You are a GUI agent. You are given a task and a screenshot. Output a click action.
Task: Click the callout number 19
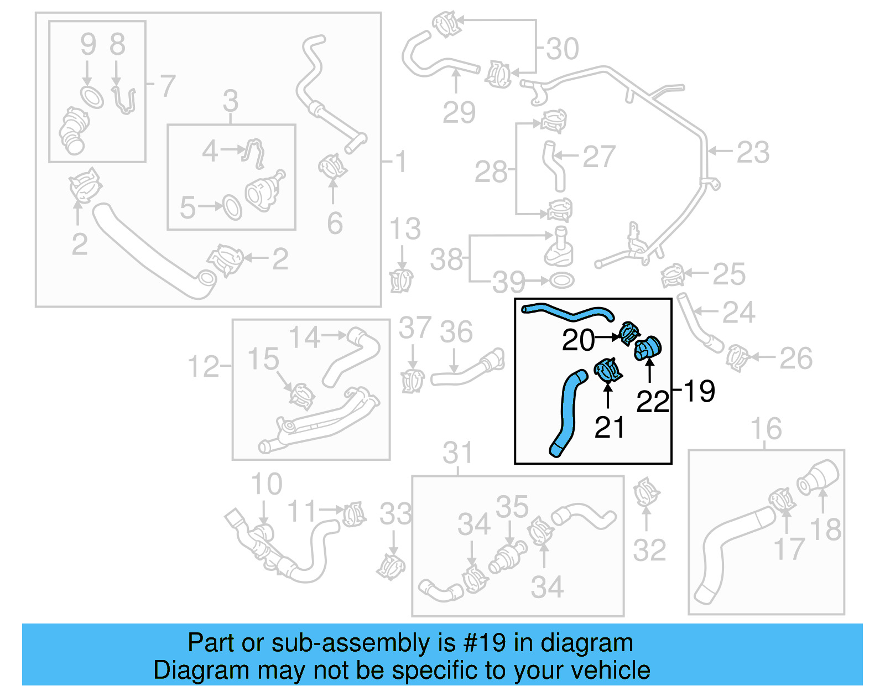[699, 391]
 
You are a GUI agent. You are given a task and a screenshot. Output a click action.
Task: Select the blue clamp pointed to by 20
[629, 333]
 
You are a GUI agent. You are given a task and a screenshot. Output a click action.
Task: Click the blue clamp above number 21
[608, 370]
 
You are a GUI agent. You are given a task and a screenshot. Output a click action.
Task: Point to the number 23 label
[753, 152]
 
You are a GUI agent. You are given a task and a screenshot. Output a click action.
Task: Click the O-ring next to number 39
[561, 281]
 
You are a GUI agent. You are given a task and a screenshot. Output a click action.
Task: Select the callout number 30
[563, 49]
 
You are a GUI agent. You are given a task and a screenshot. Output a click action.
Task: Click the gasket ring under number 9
[92, 97]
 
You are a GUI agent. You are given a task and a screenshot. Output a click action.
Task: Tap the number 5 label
[188, 207]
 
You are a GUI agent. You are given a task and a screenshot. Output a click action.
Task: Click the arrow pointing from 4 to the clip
[232, 149]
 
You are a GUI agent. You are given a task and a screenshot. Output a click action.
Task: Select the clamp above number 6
[332, 166]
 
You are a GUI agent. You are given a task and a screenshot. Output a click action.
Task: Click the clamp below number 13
[401, 280]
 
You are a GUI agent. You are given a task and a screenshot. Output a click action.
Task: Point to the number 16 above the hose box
[766, 429]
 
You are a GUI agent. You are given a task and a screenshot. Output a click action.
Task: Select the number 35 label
[512, 507]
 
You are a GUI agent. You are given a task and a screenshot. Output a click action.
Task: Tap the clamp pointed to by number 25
[673, 275]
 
